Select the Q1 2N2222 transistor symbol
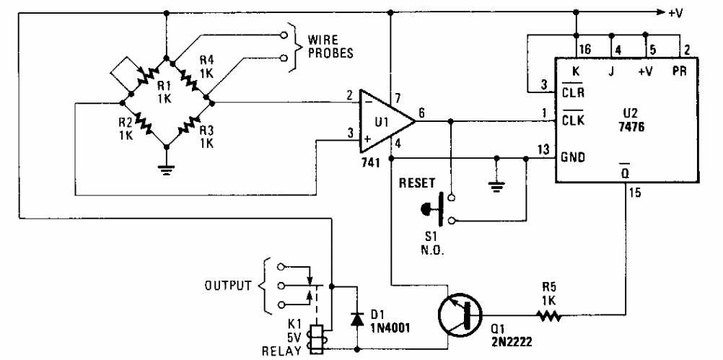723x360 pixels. (x=459, y=318)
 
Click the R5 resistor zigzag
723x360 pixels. (x=548, y=316)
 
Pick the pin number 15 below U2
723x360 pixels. (x=635, y=193)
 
